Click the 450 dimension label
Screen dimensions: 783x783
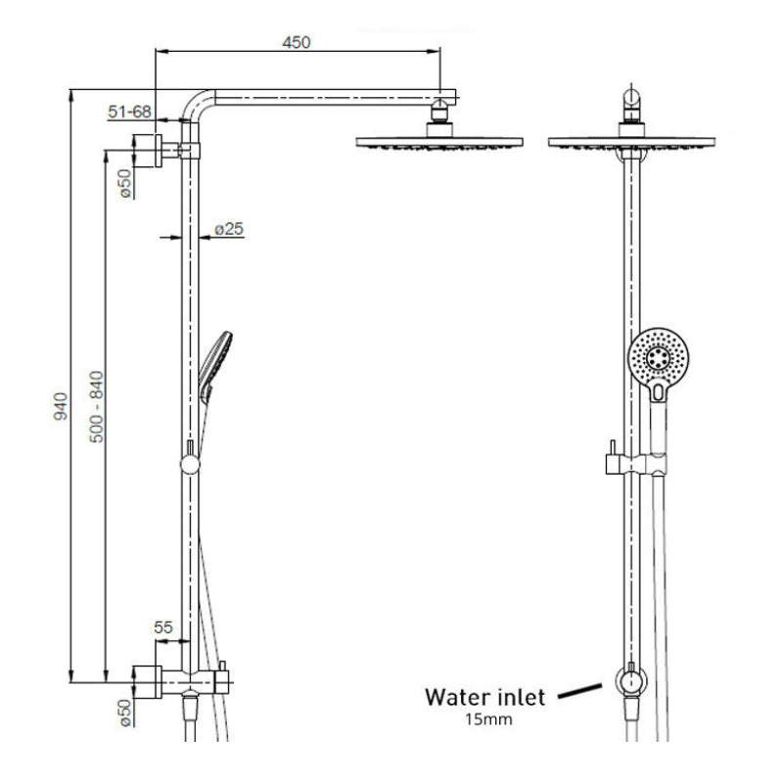click(x=296, y=42)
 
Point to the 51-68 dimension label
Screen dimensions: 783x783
click(x=129, y=113)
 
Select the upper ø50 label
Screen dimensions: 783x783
click(x=125, y=183)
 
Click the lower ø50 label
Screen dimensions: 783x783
click(x=125, y=713)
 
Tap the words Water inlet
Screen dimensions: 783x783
click(x=484, y=697)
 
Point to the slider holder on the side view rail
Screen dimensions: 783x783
click(x=189, y=459)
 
